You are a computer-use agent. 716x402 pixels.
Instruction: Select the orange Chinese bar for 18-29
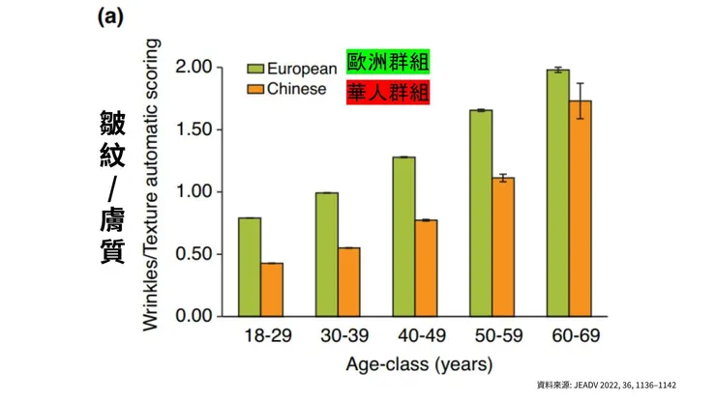[x=272, y=289]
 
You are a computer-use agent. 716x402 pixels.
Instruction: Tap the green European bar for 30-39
[x=326, y=254]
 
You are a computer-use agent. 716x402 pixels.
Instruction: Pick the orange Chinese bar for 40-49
[x=426, y=268]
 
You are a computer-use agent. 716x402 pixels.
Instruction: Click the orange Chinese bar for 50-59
[x=502, y=246]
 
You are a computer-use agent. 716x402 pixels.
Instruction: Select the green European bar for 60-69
[x=556, y=193]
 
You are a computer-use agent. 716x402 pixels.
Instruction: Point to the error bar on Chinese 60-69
[x=581, y=100]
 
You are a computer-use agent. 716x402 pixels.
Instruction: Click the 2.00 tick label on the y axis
[x=192, y=68]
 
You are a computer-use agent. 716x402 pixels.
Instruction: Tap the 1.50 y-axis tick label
[x=192, y=129]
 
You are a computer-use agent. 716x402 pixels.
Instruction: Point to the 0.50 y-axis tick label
[x=192, y=254]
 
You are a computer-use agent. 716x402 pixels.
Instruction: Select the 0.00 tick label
[x=192, y=316]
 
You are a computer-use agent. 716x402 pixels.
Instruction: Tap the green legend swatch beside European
[x=255, y=70]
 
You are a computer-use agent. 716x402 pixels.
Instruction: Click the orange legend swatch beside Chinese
[x=255, y=91]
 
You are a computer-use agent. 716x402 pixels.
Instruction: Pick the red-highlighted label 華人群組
[x=388, y=92]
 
